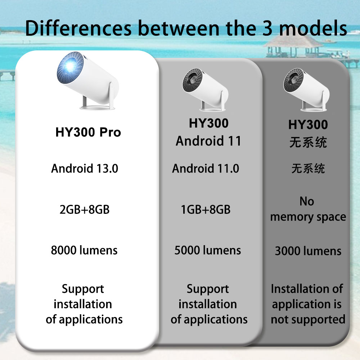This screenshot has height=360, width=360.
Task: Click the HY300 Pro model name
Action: (88, 132)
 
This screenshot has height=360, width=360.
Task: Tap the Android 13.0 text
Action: (85, 168)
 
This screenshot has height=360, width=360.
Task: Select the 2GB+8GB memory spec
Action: (85, 209)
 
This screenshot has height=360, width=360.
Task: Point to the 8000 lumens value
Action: (84, 250)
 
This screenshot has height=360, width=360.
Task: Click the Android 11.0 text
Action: (205, 168)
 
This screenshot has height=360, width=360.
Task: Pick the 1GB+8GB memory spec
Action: (206, 209)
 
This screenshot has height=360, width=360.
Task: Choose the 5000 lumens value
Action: (208, 250)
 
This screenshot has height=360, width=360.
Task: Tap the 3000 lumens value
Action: (308, 251)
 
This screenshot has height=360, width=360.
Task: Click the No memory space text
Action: (308, 209)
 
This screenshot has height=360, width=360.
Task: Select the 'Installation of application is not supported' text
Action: (308, 304)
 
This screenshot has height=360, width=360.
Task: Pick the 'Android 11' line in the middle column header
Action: (208, 141)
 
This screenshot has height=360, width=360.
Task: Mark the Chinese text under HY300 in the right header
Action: (308, 142)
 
